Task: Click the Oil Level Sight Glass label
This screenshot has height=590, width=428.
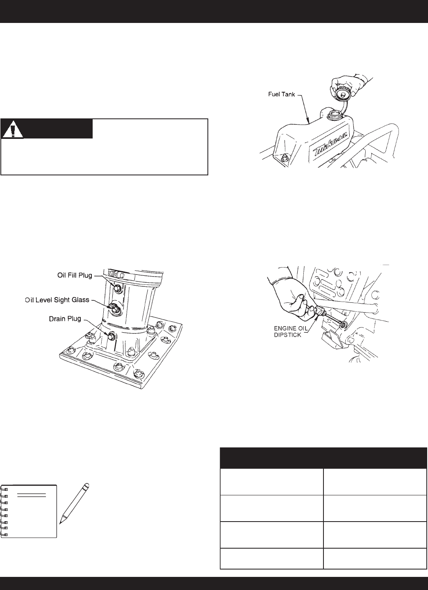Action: [x=57, y=300]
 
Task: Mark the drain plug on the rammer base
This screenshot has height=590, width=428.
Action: [x=111, y=336]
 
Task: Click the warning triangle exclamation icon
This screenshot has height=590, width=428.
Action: [x=13, y=130]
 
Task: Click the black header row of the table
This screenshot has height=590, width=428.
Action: [x=323, y=458]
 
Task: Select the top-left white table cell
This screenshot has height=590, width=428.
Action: [x=271, y=482]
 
